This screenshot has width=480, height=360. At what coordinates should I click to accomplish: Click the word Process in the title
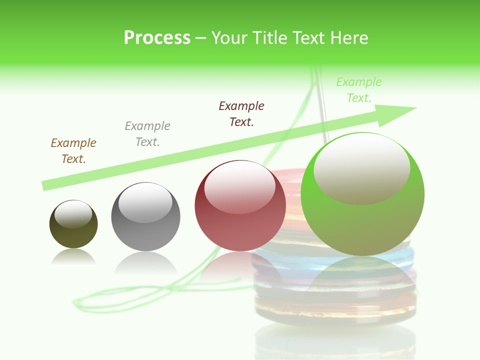(x=157, y=38)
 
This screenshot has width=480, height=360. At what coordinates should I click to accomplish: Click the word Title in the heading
(x=269, y=38)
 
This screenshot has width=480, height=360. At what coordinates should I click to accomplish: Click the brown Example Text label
(x=73, y=150)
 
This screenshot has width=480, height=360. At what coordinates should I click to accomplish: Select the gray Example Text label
(x=147, y=133)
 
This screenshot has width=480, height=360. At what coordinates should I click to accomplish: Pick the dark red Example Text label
(x=241, y=113)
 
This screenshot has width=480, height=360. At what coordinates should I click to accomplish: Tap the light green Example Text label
(x=359, y=89)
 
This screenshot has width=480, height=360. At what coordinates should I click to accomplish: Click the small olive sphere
(x=73, y=235)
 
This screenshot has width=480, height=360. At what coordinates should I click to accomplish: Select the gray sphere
(x=145, y=235)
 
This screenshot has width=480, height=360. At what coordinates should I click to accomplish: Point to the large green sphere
(x=362, y=225)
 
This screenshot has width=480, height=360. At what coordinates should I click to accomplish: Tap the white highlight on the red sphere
(x=240, y=186)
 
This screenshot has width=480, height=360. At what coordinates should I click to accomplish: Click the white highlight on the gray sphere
(x=145, y=202)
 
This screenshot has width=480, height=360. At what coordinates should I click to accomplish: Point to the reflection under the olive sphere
(x=73, y=257)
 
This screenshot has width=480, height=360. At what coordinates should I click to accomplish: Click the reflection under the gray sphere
(x=145, y=262)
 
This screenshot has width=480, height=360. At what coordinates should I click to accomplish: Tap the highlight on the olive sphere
(x=73, y=214)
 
